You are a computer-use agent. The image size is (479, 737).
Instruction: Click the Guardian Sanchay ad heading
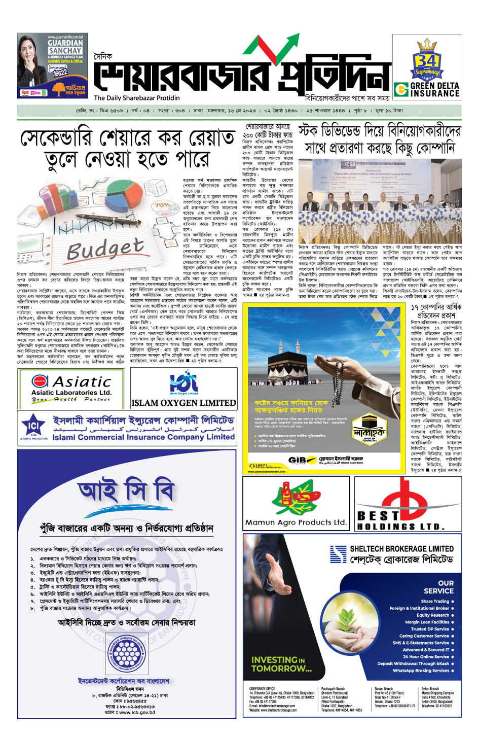coord(65,47)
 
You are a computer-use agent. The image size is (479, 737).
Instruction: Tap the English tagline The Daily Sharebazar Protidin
coord(137,98)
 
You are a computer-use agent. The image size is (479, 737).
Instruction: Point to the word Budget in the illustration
coord(105,249)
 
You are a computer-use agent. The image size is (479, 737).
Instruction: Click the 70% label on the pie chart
coord(162,205)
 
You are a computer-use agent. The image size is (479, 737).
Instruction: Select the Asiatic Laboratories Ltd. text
coord(71,392)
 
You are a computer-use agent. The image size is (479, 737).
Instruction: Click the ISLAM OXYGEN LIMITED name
coord(183,403)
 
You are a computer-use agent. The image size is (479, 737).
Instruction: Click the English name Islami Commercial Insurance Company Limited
coord(143,437)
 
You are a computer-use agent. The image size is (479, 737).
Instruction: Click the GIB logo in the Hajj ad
coord(297,460)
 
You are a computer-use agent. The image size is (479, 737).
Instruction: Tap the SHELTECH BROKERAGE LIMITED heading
coord(401,549)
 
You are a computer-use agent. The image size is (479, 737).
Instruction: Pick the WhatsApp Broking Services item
coord(421,671)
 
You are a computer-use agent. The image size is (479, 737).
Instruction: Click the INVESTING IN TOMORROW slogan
coord(282,664)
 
